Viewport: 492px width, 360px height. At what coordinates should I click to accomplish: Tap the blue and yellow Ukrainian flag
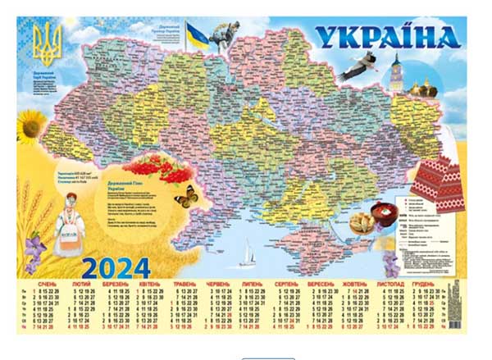197,35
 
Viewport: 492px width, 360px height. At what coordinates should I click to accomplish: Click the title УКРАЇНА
387,39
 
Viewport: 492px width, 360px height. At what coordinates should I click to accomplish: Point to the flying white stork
359,68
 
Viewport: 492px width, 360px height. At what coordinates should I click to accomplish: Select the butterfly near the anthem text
186,197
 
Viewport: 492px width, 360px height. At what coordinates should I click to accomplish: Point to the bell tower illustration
396,74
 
